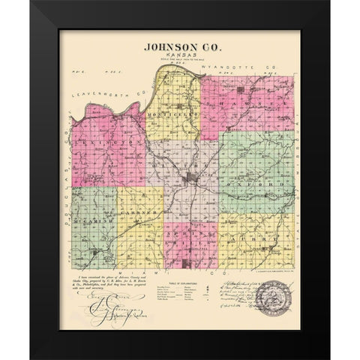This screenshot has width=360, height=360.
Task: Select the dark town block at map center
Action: [191, 178]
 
